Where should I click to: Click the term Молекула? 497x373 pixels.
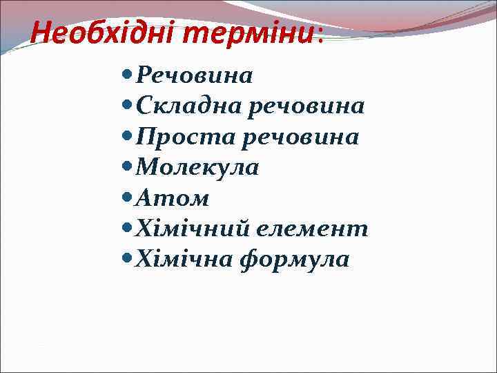click(x=197, y=167)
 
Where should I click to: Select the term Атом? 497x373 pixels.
click(x=173, y=198)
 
